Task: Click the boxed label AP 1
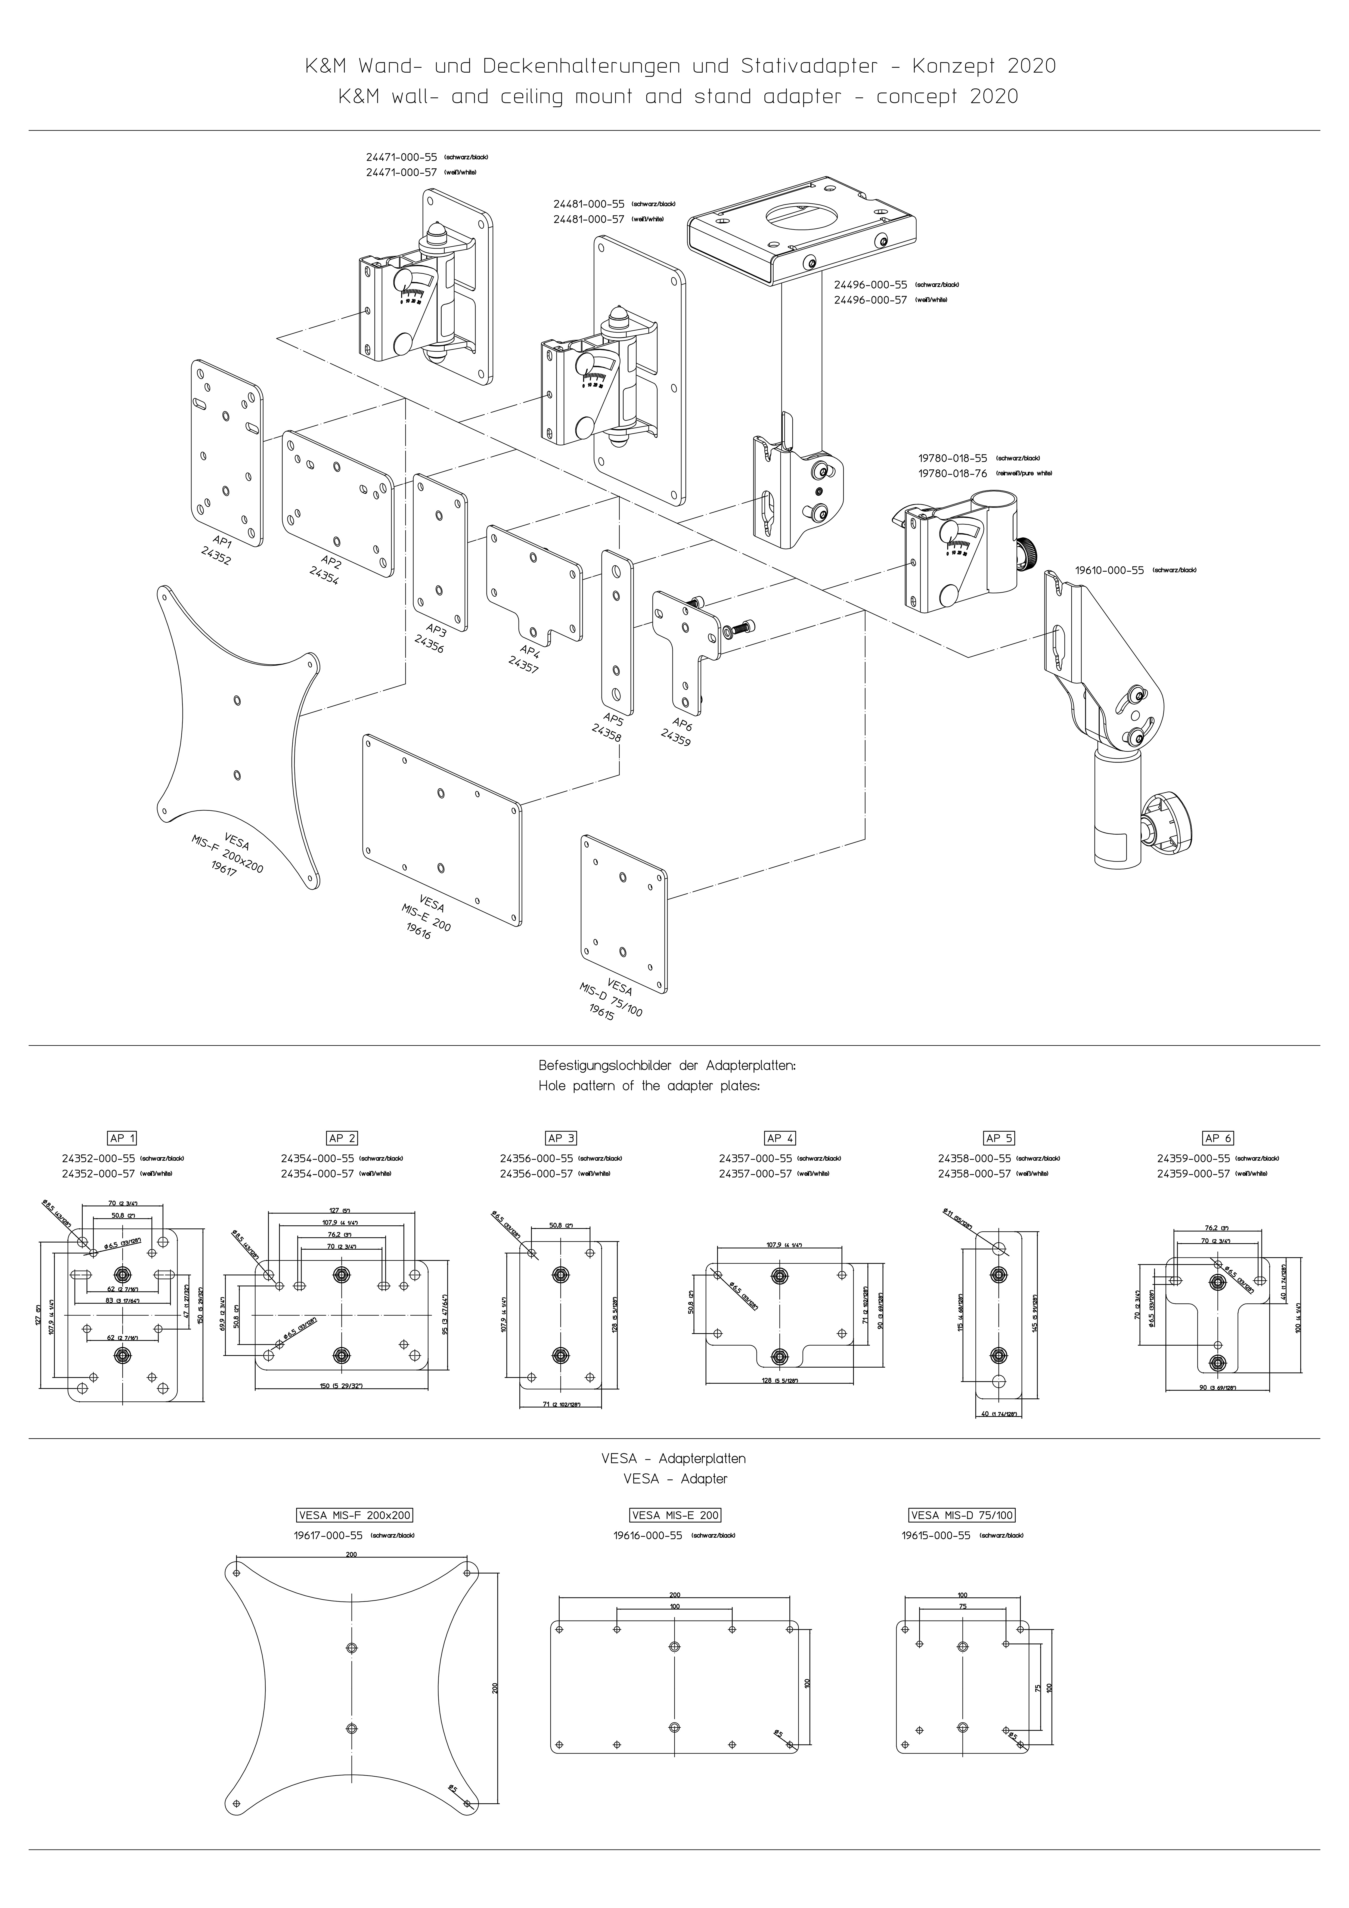pyautogui.click(x=122, y=1138)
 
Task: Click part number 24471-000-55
pyautogui.click(x=401, y=156)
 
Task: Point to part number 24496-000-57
pyautogui.click(x=870, y=300)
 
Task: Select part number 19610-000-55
pyautogui.click(x=1109, y=570)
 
